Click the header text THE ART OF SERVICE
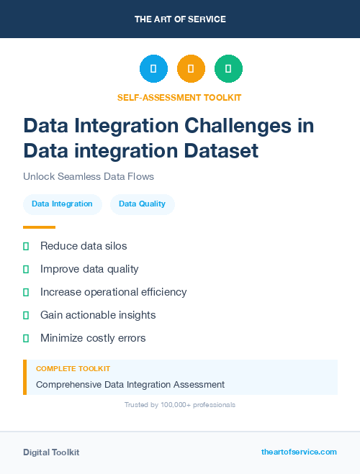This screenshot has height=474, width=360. point(180,19)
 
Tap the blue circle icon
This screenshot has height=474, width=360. point(153,69)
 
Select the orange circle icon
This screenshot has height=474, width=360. point(191,69)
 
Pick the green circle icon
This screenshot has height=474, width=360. point(228,69)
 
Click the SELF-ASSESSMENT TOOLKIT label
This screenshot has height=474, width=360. point(179,97)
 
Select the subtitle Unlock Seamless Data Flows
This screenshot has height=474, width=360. point(89,176)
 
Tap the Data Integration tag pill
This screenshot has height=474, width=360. point(62,204)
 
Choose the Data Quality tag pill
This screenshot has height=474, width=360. point(142,204)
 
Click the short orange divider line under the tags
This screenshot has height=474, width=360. point(39,227)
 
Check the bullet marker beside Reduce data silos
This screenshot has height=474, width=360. point(26,246)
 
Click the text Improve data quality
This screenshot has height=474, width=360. point(89,269)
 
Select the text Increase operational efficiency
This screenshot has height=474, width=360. point(113,292)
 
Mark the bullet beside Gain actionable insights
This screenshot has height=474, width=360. point(26,315)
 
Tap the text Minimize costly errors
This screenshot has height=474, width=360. point(93,338)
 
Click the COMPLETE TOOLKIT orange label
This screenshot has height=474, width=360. point(73,368)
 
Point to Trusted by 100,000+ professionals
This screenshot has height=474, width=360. point(180,405)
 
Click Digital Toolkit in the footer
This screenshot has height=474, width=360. point(51,452)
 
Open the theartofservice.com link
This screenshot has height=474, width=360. point(299,452)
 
